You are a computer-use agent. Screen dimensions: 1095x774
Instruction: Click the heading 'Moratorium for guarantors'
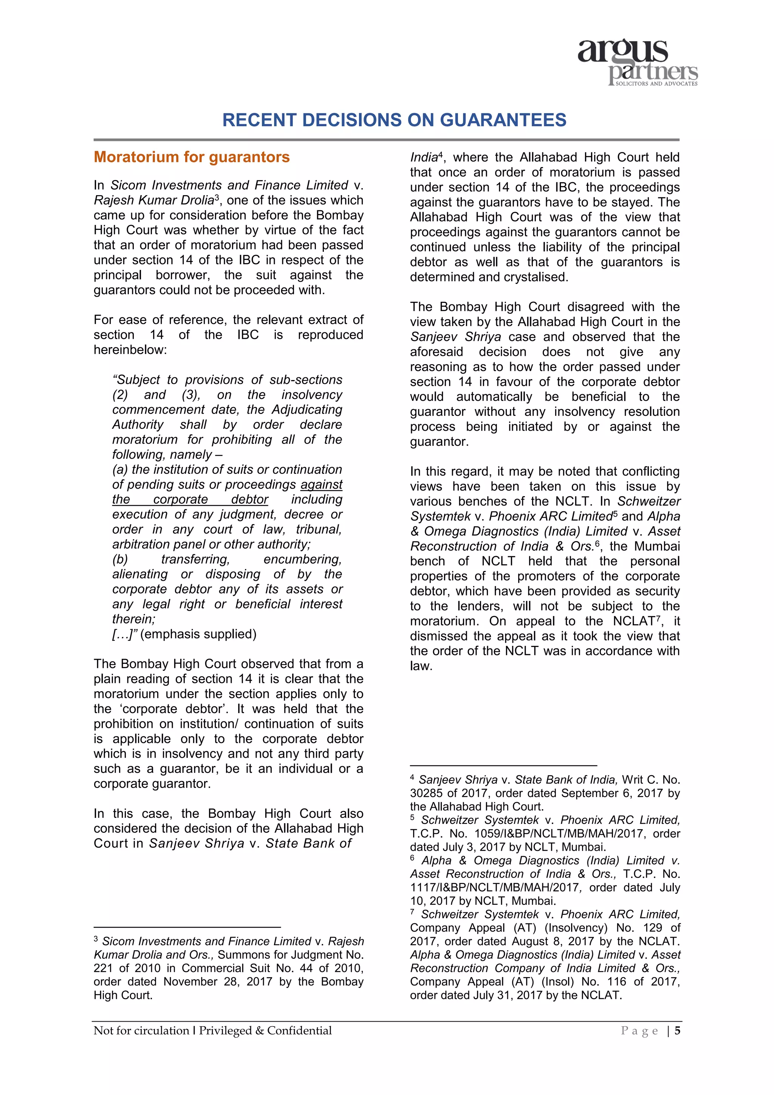(x=192, y=157)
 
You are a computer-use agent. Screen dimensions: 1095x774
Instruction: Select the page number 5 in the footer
(x=677, y=1031)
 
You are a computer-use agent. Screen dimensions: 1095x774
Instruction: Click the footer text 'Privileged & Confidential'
(x=265, y=1031)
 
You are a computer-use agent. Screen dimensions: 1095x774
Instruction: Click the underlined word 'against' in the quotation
(x=321, y=485)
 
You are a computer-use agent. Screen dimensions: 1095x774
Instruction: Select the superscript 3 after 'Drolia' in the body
(x=217, y=197)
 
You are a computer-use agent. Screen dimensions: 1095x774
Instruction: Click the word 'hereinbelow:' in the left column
(x=130, y=350)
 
